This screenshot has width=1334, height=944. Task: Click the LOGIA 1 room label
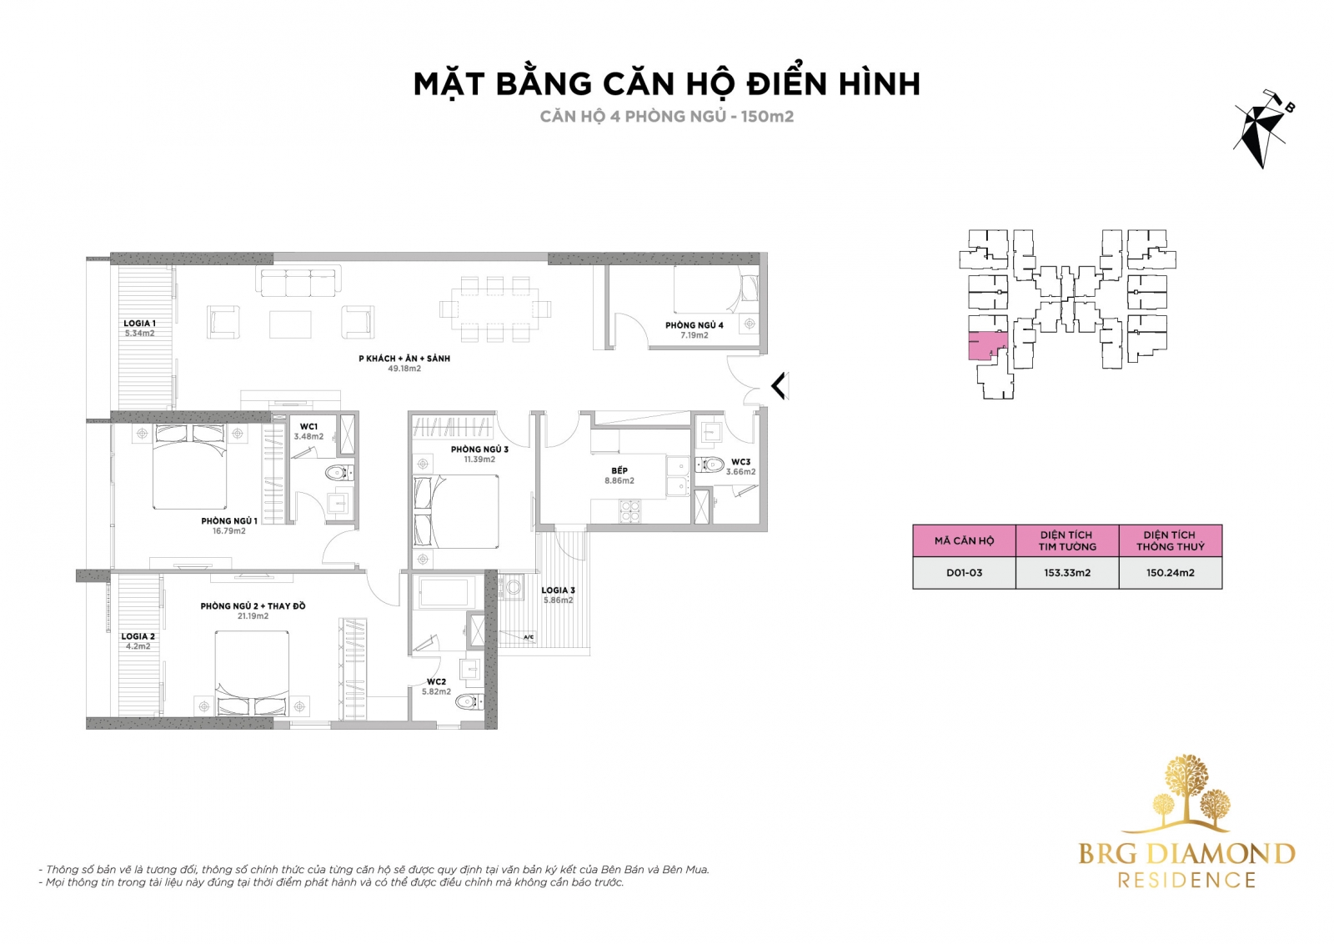[139, 324]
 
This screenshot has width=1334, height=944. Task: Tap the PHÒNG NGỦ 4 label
[695, 325]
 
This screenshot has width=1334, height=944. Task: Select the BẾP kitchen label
[619, 470]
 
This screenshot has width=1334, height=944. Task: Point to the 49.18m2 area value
[404, 369]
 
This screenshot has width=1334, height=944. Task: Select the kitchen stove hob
[630, 511]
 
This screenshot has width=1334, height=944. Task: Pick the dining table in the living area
[495, 309]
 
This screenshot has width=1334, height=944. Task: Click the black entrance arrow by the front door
[780, 385]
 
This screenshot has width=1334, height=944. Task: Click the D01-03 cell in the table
[964, 573]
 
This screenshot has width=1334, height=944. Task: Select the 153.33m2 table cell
[1067, 573]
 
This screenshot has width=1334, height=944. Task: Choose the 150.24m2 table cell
[1171, 573]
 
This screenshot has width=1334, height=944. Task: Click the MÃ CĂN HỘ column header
[964, 540]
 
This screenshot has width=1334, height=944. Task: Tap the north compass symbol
[1261, 128]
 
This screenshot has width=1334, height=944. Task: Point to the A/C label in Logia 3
[529, 637]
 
